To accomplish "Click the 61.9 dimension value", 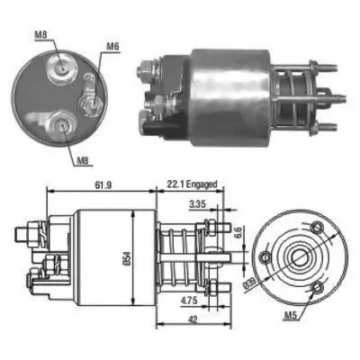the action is tap(103, 185).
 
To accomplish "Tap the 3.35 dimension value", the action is tap(197, 204).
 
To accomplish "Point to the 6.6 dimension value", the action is tap(238, 232).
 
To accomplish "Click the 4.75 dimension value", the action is tap(189, 301).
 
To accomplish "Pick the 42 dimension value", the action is tap(193, 319).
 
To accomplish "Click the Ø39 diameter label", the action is tap(250, 283).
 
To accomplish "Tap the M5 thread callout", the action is tap(291, 315).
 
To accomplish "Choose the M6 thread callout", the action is tap(112, 46).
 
